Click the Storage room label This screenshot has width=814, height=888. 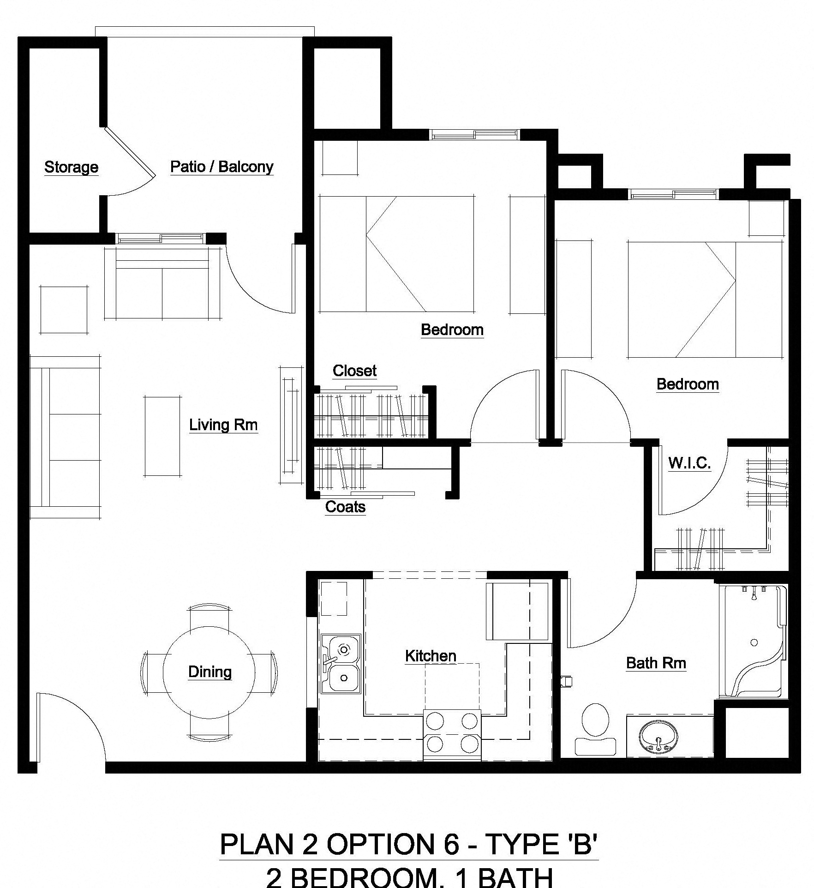tap(71, 167)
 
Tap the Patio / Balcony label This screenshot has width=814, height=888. tap(221, 166)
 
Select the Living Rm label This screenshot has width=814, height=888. tap(223, 424)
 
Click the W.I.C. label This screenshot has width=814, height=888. tap(689, 463)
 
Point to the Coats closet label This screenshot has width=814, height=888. tap(345, 507)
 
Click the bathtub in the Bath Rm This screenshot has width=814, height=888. tap(752, 642)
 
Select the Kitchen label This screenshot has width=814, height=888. tap(431, 656)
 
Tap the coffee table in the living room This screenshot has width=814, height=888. tap(162, 436)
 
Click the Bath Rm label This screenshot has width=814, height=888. tap(656, 663)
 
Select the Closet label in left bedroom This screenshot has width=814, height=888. tap(354, 371)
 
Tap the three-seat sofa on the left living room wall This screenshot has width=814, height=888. tap(65, 437)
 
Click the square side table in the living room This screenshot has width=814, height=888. tap(64, 309)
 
